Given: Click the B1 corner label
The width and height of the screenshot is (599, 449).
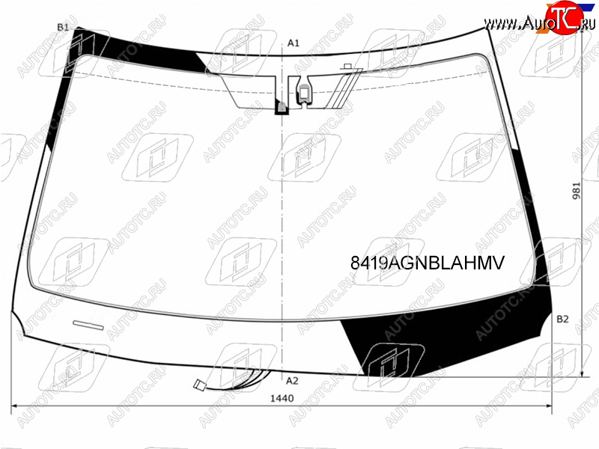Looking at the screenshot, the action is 63,27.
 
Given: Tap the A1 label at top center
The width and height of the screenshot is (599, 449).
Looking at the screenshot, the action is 294,43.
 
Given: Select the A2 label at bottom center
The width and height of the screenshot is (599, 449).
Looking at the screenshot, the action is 292,381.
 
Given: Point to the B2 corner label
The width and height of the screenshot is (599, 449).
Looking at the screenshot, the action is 562,319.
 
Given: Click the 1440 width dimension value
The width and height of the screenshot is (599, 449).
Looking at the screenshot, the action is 282,398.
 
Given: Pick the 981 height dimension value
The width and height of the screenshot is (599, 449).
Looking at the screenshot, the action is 576,191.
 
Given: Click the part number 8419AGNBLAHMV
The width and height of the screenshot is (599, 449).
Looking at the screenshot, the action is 428,263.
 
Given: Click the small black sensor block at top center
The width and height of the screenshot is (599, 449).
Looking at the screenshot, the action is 282,107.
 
